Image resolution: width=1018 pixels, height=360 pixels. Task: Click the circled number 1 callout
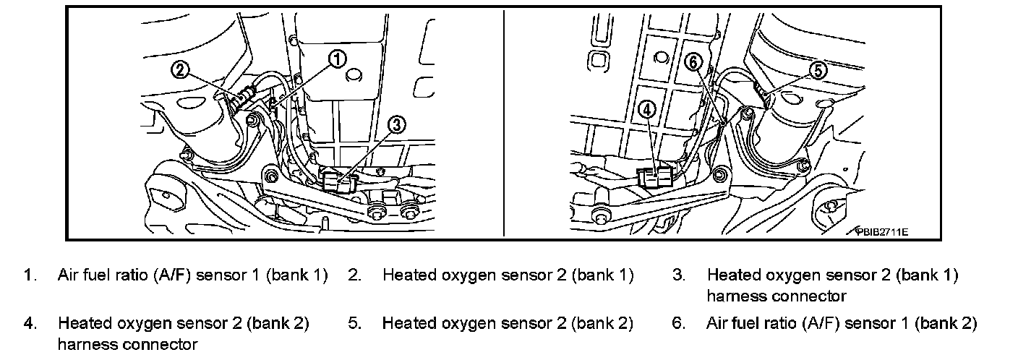tap(337, 59)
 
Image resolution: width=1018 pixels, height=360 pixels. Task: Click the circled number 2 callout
tap(181, 69)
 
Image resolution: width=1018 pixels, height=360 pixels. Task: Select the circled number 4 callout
tap(646, 109)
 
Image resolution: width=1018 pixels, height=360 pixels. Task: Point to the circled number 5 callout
tap(816, 70)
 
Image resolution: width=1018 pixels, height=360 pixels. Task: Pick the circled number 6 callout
tap(693, 63)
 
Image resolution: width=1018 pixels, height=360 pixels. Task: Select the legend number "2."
tap(354, 275)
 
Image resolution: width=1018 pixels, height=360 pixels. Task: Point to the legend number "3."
tap(678, 275)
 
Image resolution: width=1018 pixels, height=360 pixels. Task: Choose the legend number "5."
tap(354, 323)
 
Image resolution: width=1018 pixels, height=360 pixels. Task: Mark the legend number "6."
tap(678, 323)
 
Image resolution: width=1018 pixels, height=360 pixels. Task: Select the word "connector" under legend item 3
tap(813, 296)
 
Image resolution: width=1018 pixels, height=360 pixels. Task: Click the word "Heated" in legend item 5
tap(406, 323)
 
